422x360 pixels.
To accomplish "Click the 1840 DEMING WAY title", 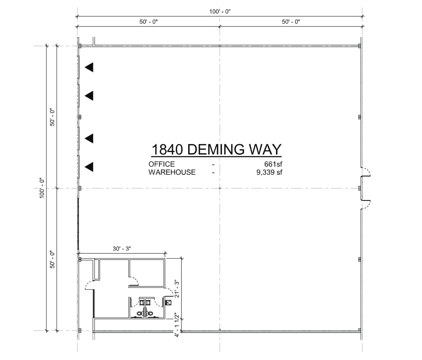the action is click(x=216, y=149).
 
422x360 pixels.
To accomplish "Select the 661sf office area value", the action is click(x=273, y=164).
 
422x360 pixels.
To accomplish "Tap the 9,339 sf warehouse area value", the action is click(x=269, y=172).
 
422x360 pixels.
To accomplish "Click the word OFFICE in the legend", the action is click(x=162, y=164).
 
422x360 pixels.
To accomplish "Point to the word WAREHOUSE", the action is click(x=172, y=172).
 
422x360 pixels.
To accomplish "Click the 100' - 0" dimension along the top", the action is click(x=220, y=12).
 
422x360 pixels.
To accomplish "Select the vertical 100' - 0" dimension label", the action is click(x=42, y=188).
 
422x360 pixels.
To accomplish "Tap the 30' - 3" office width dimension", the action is click(x=122, y=249).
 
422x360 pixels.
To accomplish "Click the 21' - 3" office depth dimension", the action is click(x=177, y=289).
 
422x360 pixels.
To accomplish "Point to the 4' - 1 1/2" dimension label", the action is click(x=177, y=325).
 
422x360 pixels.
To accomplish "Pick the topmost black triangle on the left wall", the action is click(x=89, y=67).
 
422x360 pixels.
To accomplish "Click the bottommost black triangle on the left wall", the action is click(x=89, y=167).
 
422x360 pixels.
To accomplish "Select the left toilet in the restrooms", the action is click(x=140, y=314).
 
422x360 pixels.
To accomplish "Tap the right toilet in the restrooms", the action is click(x=150, y=314).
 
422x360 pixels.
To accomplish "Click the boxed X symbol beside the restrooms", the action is click(x=168, y=303).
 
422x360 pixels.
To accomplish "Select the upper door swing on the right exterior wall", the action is click(x=366, y=172).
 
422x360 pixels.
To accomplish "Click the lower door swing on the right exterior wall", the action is click(x=366, y=205).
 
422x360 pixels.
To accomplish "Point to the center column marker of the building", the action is click(x=220, y=188).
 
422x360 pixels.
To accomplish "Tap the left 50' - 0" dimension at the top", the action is click(x=148, y=22).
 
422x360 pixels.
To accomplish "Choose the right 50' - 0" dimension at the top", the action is click(x=291, y=22).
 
